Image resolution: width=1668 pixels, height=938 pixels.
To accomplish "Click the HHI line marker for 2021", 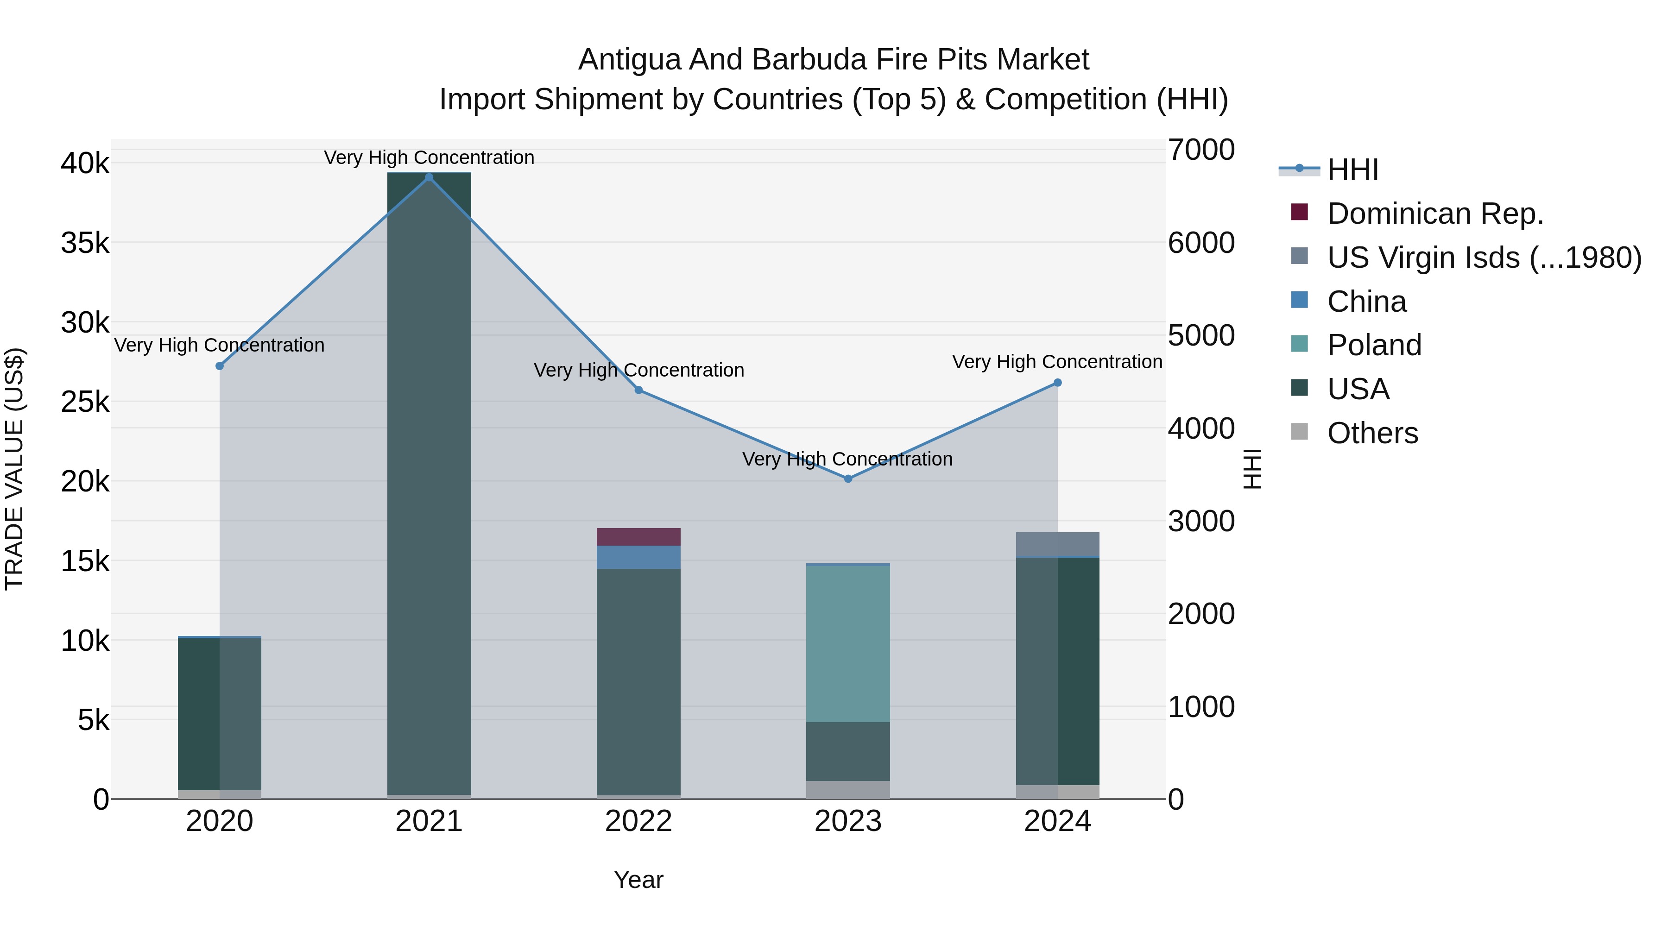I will [429, 177].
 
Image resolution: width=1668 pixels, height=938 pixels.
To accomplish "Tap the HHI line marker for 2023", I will [848, 479].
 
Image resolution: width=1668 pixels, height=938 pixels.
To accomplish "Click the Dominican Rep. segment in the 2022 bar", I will [638, 537].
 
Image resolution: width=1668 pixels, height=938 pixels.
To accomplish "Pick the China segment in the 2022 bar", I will [638, 557].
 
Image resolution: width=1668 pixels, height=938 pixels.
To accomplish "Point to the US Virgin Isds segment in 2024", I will [1057, 544].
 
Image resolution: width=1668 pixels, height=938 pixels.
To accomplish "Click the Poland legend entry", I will [1374, 345].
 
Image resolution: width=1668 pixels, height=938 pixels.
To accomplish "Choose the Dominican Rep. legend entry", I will [1435, 214].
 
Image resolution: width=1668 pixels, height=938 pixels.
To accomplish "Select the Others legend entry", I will [1372, 433].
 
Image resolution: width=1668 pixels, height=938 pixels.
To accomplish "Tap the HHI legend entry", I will [1352, 170].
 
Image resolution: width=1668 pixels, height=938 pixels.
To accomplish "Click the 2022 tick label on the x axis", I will [638, 821].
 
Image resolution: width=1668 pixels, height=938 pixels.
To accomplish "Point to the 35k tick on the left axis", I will [85, 243].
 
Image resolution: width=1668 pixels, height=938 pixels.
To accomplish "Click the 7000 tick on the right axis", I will [1201, 150].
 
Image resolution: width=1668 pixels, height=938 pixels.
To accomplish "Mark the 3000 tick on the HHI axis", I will [1201, 521].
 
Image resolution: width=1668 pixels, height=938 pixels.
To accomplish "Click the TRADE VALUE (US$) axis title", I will [14, 469].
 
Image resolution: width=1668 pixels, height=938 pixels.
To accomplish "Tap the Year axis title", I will [638, 880].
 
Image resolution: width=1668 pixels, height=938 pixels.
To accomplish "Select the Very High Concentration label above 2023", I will [847, 459].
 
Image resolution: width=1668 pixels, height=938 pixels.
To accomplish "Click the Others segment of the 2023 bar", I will [848, 790].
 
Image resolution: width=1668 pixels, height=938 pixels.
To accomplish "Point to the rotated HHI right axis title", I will [1252, 469].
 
